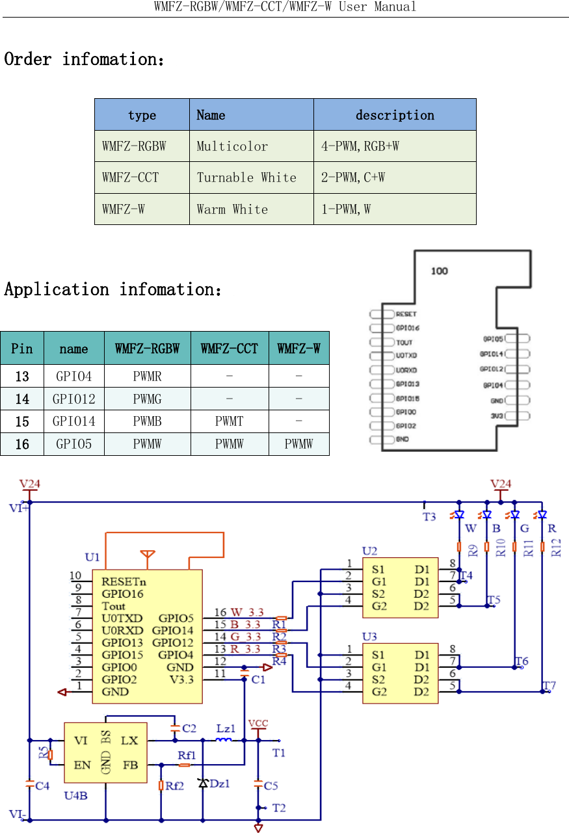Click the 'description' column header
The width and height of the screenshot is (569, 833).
[395, 115]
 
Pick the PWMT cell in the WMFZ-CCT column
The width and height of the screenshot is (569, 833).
[229, 421]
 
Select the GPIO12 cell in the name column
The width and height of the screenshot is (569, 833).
[73, 399]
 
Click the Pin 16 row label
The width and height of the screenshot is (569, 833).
[22, 444]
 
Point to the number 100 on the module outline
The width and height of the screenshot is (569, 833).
[440, 271]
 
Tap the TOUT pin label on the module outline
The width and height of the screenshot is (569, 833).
[404, 342]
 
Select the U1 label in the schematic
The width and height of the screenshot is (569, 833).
[92, 557]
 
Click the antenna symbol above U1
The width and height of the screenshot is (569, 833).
[148, 555]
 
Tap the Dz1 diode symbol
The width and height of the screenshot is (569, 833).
[203, 784]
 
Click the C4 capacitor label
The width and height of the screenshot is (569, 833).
[42, 786]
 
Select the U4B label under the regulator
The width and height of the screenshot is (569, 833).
[75, 795]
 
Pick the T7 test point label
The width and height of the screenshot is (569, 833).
[549, 685]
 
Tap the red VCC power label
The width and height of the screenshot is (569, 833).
[258, 723]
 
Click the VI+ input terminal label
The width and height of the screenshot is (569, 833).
[18, 509]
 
